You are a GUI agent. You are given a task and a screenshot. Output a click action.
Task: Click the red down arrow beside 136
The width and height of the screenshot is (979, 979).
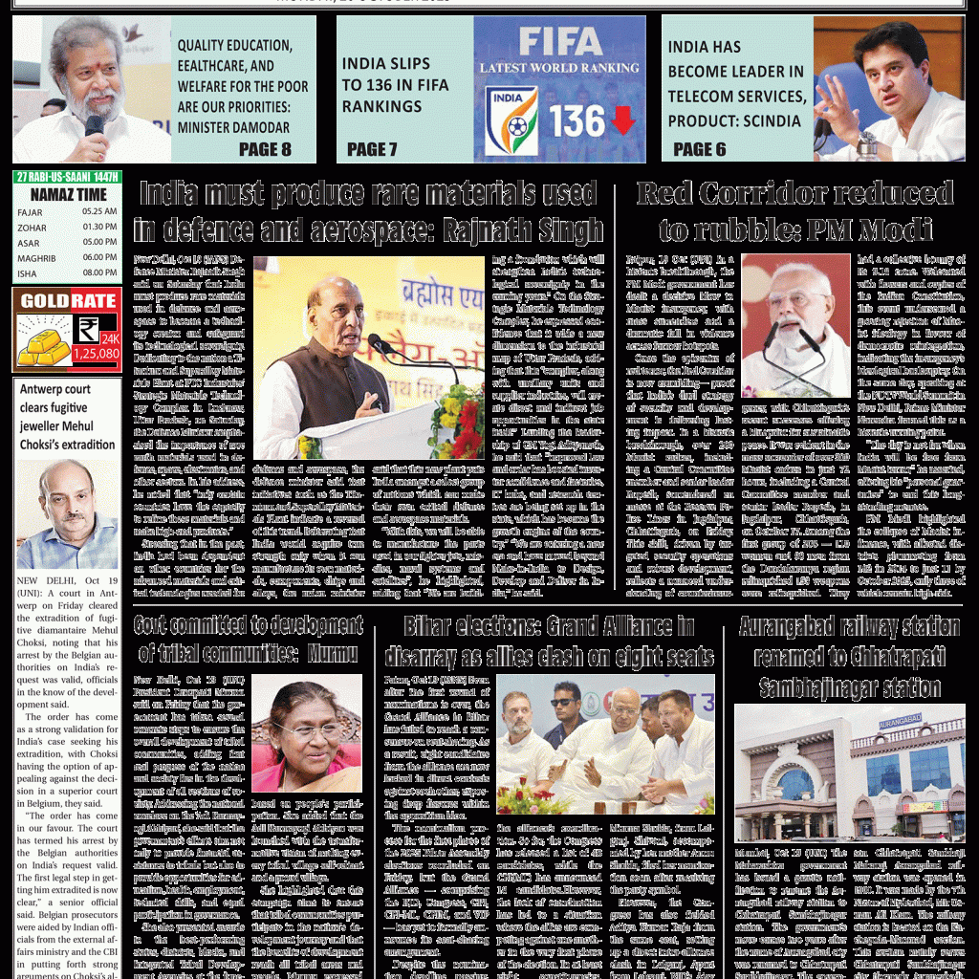click(x=622, y=121)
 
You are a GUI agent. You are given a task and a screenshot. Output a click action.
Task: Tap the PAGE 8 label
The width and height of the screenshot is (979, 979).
click(x=265, y=149)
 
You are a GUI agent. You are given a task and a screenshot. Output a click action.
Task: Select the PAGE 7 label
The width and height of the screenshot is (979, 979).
click(x=372, y=149)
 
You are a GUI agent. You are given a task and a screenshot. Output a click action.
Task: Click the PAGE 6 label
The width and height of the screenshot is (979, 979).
click(x=699, y=149)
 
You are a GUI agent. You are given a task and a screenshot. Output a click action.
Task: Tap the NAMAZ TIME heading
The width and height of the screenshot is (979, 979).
click(x=67, y=194)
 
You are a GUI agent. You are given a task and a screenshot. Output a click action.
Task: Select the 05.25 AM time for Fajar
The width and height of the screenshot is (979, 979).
click(x=99, y=212)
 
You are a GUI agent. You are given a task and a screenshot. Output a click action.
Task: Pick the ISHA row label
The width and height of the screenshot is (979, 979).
click(x=28, y=273)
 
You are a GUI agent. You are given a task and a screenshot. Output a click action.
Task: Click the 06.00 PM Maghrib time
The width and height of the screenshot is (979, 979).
click(x=99, y=258)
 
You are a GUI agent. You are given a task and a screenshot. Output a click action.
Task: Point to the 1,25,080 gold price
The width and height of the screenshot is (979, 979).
click(x=96, y=354)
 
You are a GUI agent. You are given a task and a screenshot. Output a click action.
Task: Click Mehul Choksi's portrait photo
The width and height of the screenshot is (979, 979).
click(x=67, y=513)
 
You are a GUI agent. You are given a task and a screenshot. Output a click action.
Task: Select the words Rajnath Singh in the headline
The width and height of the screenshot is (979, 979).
click(x=520, y=230)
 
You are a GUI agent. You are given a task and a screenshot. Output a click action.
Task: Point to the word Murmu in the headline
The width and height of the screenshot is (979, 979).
click(x=332, y=654)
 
